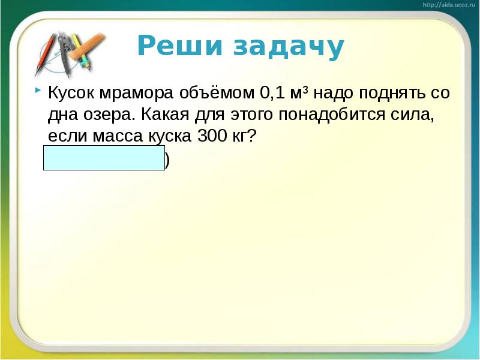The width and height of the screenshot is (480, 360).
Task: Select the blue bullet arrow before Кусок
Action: (38, 91)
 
